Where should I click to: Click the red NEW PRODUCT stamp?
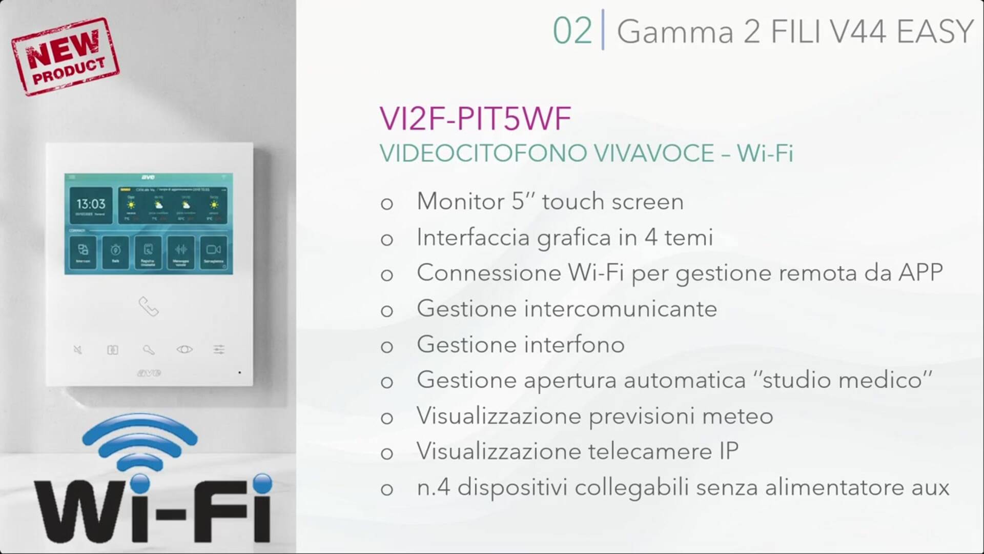(x=66, y=56)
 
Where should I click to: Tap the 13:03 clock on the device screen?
(x=91, y=204)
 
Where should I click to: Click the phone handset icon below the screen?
(x=149, y=307)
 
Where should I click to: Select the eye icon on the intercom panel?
(x=184, y=349)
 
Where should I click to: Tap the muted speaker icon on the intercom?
(x=77, y=350)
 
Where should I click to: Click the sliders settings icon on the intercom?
(x=219, y=349)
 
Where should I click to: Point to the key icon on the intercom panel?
(x=149, y=350)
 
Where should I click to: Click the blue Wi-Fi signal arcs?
(x=139, y=441)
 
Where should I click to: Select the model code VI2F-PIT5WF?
(x=475, y=118)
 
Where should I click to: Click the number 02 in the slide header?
(x=572, y=31)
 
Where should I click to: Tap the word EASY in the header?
(x=935, y=31)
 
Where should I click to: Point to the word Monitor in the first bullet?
(x=460, y=201)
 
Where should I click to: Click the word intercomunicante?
(x=620, y=309)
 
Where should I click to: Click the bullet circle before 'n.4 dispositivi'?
(x=387, y=489)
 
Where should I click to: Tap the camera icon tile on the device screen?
(x=213, y=251)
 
